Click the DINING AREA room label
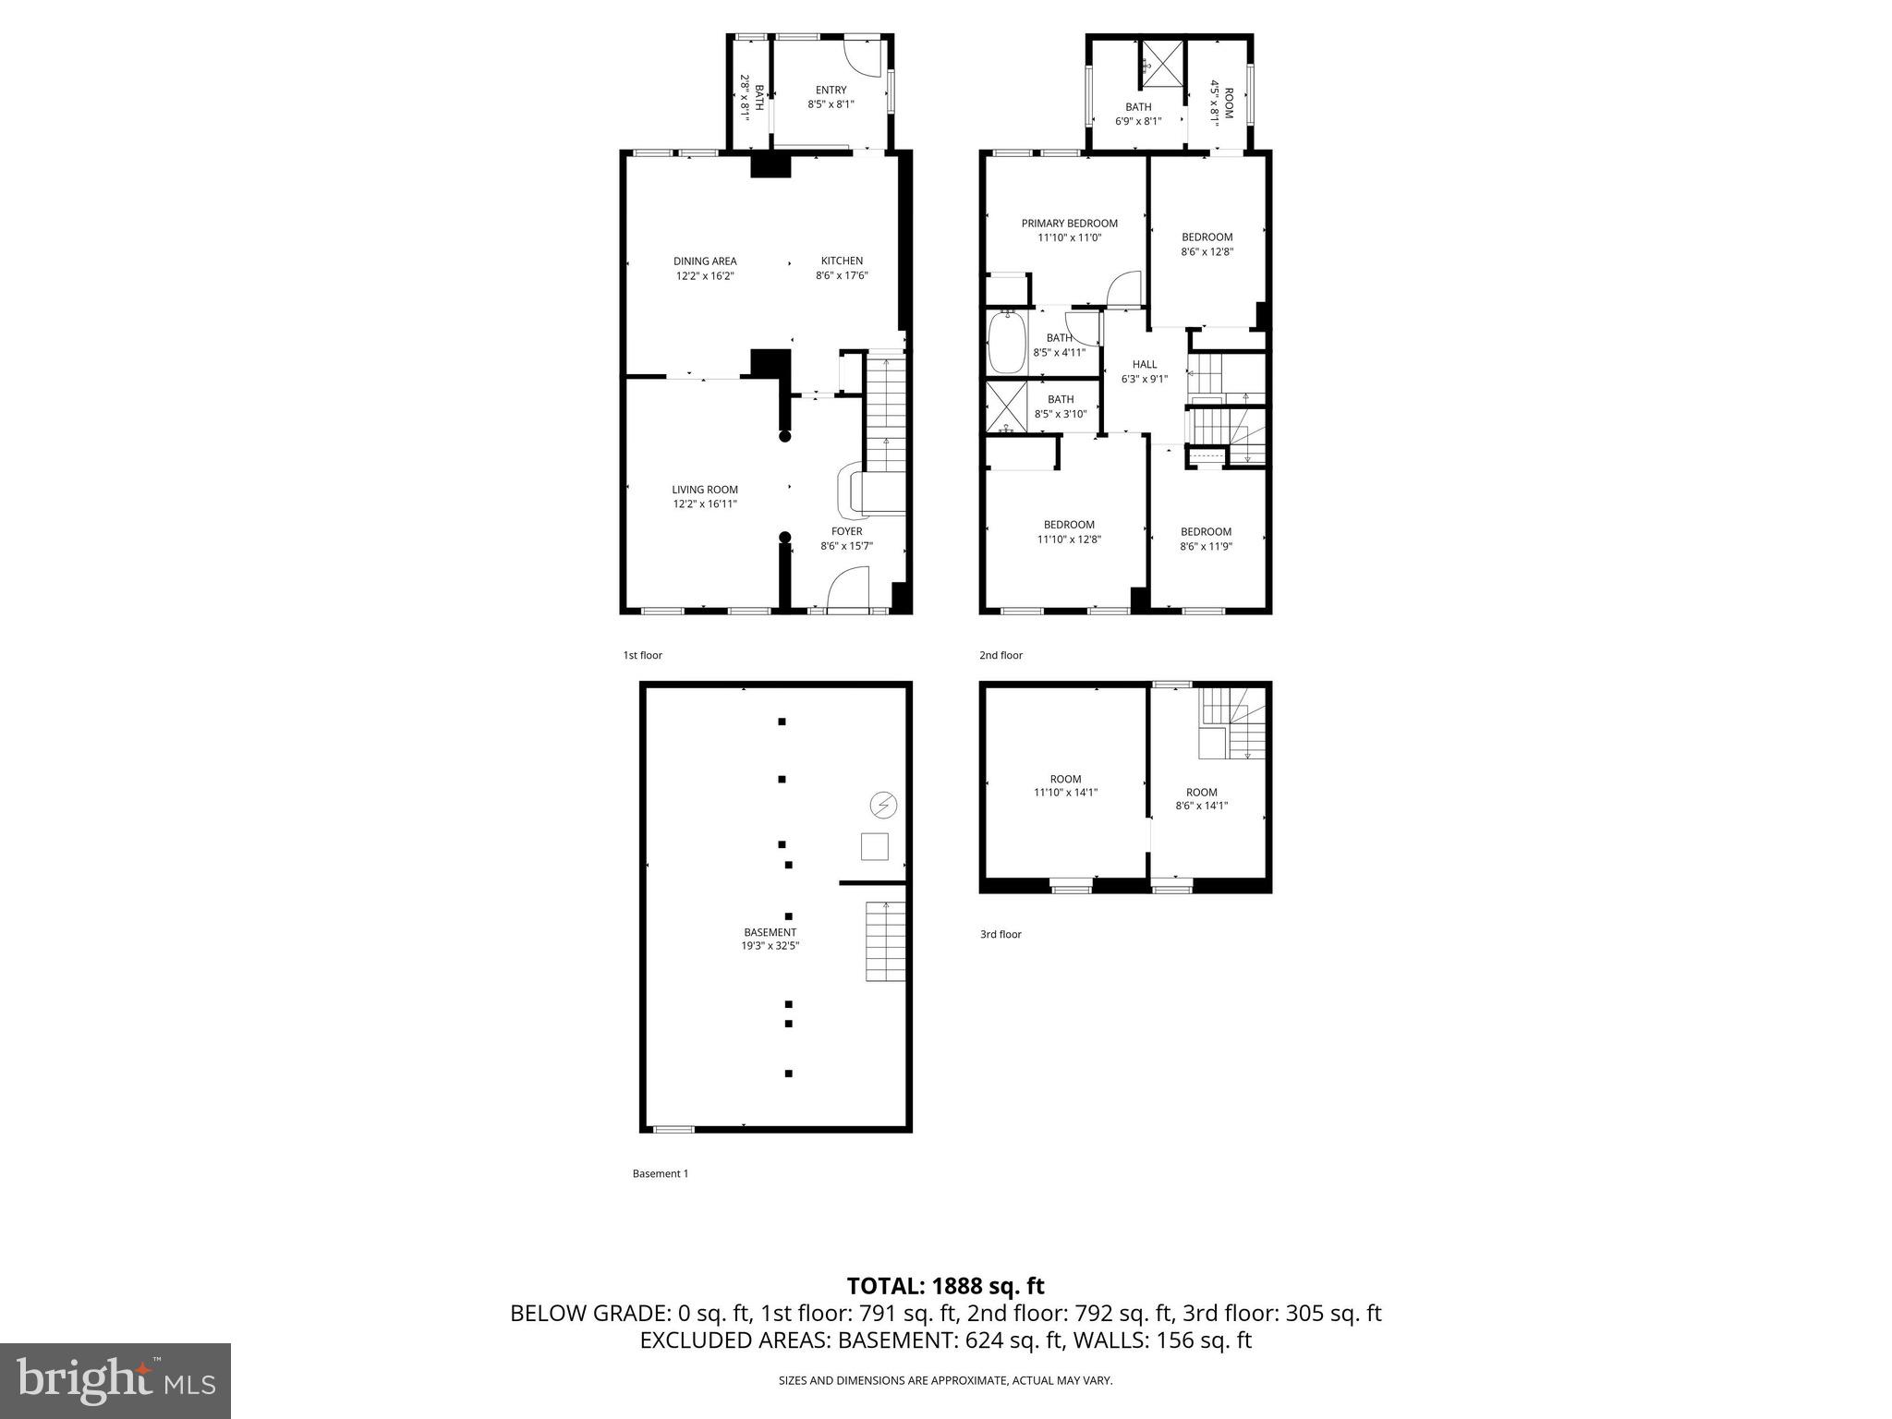[705, 261]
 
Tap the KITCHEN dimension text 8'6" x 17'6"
[842, 276]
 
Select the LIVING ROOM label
[705, 490]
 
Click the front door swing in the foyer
[849, 591]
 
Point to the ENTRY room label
[831, 91]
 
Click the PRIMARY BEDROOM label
[1069, 224]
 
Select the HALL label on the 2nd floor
[1144, 365]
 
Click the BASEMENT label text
[770, 932]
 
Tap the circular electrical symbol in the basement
[884, 806]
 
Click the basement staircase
[885, 941]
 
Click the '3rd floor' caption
[1001, 934]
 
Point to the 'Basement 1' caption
[661, 1173]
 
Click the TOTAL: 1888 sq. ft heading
[945, 1286]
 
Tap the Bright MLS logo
[115, 1380]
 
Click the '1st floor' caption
[642, 655]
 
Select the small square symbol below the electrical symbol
[874, 846]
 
